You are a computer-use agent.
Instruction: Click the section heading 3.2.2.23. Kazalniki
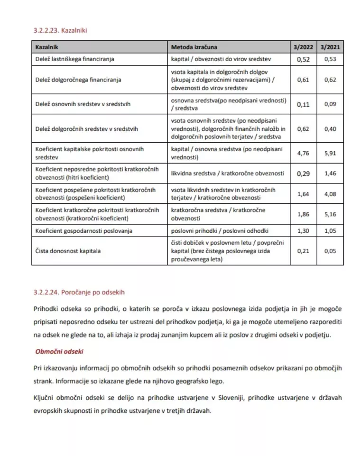(60, 30)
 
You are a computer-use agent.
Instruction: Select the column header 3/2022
(303, 47)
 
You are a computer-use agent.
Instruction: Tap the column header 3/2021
(330, 47)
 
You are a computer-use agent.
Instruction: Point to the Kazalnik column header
(46, 47)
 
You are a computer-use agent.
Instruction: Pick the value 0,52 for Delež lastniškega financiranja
(303, 59)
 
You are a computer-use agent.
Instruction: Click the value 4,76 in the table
(303, 153)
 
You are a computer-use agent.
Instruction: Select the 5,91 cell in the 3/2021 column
(330, 153)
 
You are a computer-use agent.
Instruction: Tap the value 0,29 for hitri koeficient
(303, 173)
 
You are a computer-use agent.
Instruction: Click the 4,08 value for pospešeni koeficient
(330, 194)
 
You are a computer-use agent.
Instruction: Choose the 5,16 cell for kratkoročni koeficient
(330, 214)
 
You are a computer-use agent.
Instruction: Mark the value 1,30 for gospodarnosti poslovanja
(303, 231)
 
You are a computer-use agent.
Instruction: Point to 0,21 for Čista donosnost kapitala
(303, 251)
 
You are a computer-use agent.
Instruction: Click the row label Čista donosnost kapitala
(68, 251)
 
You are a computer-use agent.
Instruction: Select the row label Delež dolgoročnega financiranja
(78, 80)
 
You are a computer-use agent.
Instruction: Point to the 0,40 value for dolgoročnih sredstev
(330, 128)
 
